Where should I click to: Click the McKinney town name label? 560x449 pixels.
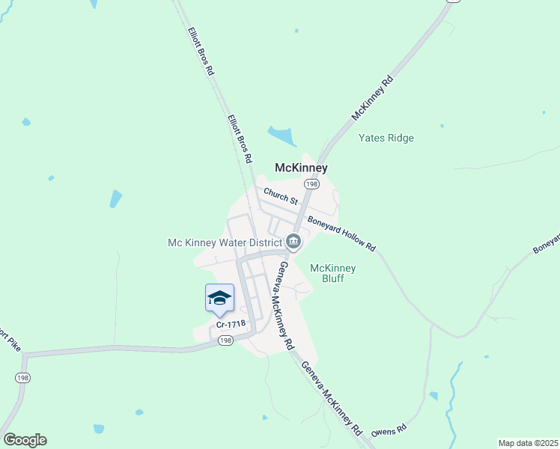coord(302,168)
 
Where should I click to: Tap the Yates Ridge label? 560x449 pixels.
coord(386,138)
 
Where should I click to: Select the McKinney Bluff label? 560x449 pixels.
coord(333,274)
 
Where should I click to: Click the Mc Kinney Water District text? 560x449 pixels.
coord(223,242)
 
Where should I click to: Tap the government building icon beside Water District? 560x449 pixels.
coord(293,241)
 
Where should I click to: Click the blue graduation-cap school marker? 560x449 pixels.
coord(219,298)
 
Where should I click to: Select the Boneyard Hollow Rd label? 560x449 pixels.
coord(341,234)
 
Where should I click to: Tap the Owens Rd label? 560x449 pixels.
coord(389,430)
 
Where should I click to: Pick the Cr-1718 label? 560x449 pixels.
coord(230,324)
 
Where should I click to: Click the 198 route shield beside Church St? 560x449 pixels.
coord(311,184)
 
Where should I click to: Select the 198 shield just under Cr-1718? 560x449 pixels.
coord(226,340)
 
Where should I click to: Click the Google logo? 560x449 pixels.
coord(25,440)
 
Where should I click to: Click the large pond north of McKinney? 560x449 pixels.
coord(281,136)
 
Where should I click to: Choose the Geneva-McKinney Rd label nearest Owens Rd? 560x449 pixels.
coord(332,399)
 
